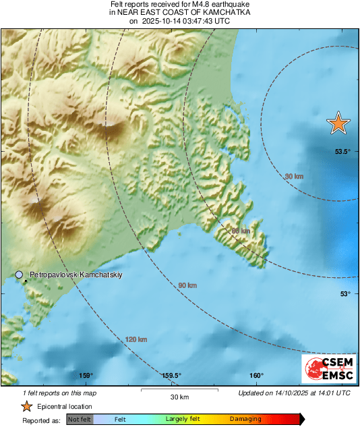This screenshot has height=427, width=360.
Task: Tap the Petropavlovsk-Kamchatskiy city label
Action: [x=75, y=275]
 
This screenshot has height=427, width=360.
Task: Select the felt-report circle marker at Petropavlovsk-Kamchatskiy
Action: [x=20, y=275]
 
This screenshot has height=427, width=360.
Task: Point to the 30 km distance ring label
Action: [x=294, y=176]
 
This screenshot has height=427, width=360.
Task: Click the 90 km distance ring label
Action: [x=187, y=286]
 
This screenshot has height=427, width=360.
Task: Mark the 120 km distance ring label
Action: [x=136, y=339]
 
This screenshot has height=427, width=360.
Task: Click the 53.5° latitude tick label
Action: [x=342, y=152]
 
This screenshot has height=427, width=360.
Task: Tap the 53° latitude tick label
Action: [x=344, y=293]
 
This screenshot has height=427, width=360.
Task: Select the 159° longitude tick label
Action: [x=86, y=376]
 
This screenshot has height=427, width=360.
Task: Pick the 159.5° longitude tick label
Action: [x=171, y=376]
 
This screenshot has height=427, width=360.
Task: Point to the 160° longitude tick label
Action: [x=256, y=376]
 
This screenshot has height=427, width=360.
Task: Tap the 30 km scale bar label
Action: [x=179, y=396]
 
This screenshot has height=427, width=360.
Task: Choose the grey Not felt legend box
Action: [x=79, y=419]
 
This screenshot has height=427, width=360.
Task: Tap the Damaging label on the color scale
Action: [x=245, y=419]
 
